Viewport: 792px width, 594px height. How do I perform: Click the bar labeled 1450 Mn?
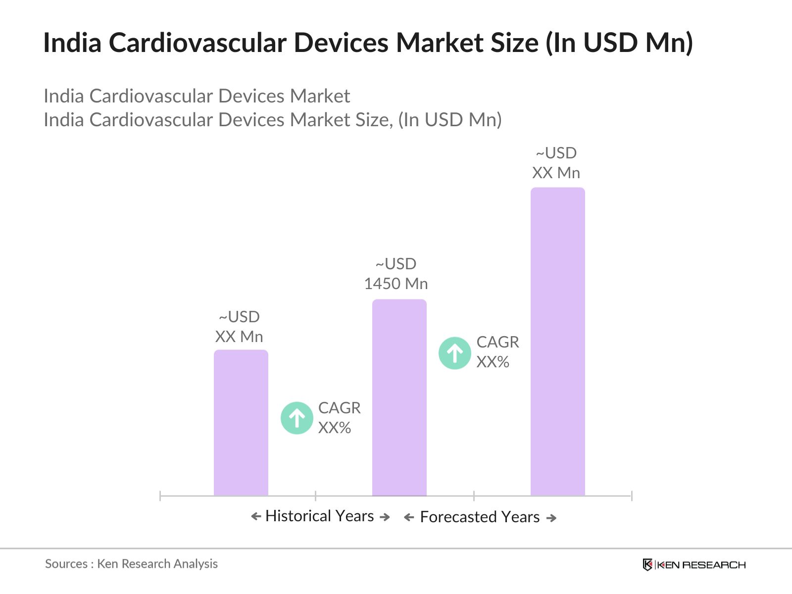click(399, 397)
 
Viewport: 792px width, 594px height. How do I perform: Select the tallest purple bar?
click(557, 342)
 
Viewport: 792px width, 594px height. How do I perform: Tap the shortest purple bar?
click(241, 423)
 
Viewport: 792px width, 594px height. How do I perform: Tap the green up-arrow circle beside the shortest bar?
click(297, 418)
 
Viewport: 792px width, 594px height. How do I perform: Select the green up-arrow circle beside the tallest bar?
click(454, 353)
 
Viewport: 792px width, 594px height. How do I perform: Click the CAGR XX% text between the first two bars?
click(339, 418)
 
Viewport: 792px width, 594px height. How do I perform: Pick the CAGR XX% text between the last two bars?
click(497, 352)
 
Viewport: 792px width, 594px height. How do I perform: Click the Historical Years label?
click(320, 516)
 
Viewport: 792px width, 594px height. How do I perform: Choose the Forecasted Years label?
click(480, 517)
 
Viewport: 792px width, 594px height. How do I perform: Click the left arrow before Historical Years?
click(256, 517)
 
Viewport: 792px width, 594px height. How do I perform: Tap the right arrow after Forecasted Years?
click(551, 518)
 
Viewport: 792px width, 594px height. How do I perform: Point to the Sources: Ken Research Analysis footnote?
click(131, 564)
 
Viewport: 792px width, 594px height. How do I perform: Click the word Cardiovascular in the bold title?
click(198, 43)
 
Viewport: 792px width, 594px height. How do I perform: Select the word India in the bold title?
click(72, 43)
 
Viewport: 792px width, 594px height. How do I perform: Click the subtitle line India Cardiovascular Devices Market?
click(197, 96)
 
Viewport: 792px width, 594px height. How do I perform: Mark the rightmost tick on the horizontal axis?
click(632, 495)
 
